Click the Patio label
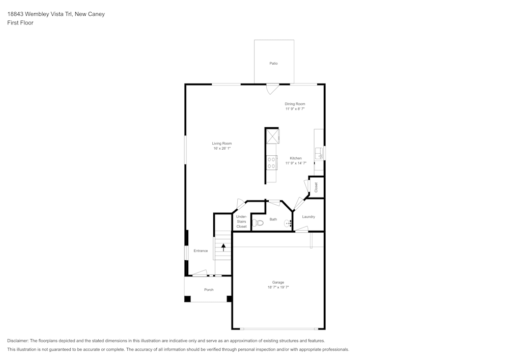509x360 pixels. (273, 64)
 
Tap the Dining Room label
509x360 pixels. (295, 104)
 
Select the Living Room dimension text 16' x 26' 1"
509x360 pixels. (222, 149)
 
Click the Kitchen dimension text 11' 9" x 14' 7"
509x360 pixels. (296, 163)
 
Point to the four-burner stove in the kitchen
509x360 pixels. (271, 163)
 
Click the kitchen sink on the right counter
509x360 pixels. (319, 153)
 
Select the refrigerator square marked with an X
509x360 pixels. (272, 136)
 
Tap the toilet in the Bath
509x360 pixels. (259, 223)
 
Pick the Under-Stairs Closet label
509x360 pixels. (241, 221)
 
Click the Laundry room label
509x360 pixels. (308, 217)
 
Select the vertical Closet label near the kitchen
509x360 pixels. (316, 187)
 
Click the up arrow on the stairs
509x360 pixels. (223, 248)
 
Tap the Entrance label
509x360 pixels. (201, 251)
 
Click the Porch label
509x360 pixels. (209, 290)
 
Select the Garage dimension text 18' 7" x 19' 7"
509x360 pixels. (278, 287)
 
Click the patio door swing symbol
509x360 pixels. (272, 89)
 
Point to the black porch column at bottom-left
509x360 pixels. (187, 299)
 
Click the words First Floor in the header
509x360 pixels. (20, 23)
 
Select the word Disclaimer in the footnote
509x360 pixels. (18, 341)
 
